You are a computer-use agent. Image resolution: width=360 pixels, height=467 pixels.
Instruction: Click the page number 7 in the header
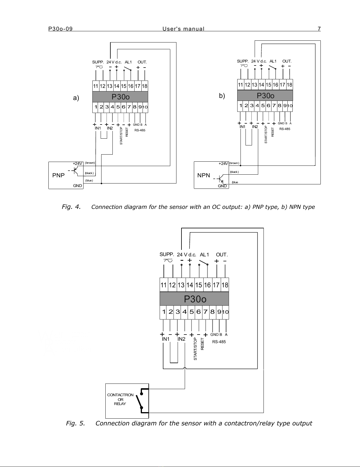[319, 29]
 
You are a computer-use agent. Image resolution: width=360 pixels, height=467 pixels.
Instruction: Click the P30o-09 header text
[60, 29]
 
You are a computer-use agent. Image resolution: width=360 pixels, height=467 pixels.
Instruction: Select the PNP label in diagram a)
[58, 175]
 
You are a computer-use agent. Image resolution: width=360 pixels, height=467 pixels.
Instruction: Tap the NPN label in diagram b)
[204, 175]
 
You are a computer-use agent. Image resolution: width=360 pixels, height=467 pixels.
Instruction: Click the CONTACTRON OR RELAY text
[120, 399]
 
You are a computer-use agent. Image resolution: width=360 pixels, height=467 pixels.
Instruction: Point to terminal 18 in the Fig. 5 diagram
[225, 285]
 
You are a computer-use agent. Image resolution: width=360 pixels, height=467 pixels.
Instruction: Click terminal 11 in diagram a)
[96, 86]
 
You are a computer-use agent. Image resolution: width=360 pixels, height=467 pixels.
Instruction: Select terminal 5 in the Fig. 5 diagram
[192, 312]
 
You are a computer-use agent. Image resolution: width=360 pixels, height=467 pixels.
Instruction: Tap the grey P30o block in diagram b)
[265, 95]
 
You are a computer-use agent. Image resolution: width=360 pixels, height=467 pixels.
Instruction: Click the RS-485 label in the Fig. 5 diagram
[219, 342]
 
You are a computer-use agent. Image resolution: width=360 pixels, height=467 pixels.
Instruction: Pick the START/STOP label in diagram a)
[121, 136]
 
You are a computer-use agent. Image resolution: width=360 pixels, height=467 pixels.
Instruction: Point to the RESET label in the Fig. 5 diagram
[202, 344]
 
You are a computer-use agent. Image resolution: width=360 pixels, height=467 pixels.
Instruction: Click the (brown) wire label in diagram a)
[90, 163]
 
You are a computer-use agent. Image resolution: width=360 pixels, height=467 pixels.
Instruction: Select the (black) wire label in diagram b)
[234, 172]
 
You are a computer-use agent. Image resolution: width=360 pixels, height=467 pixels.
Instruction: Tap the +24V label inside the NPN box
[223, 163]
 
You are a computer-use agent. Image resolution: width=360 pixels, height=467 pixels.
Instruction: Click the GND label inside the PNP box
[77, 186]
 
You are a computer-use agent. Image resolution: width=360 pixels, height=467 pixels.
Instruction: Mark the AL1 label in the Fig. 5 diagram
[204, 255]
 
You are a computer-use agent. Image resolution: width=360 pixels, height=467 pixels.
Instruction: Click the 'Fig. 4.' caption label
[71, 207]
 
